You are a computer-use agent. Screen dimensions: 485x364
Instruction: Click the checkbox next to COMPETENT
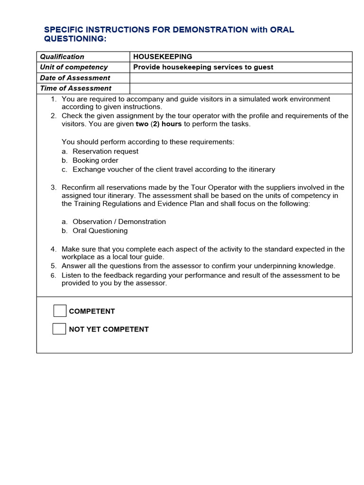60,311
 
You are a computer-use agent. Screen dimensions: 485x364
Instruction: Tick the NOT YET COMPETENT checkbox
59,329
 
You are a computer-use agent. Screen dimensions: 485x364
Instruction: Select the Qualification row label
62,56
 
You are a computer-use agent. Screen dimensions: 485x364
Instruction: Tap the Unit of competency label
74,67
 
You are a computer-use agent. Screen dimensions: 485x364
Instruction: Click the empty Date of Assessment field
241,78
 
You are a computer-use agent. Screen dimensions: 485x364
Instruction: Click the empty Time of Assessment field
241,88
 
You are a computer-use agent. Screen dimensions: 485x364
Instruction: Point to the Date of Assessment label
75,78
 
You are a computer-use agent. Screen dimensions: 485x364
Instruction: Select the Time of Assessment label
76,88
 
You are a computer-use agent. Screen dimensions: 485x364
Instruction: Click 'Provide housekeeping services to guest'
203,67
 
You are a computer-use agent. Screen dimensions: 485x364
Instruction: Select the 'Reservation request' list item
105,152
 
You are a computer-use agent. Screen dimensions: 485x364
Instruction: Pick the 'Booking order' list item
95,161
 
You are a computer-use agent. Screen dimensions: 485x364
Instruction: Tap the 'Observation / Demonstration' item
119,222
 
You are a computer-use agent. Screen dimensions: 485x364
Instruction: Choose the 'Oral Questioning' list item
100,231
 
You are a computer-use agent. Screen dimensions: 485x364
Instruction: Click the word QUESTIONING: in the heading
75,39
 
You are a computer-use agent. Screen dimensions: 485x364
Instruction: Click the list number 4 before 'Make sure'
54,249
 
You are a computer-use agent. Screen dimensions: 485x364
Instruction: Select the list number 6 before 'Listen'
54,276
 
